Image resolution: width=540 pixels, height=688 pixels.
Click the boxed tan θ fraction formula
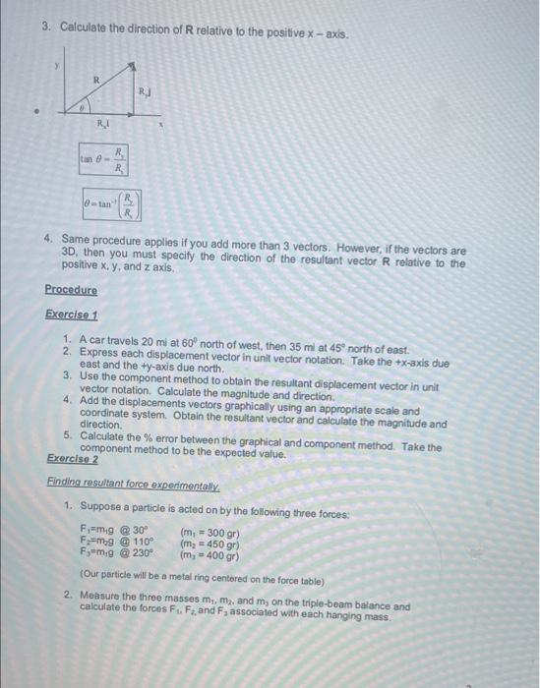pos(104,159)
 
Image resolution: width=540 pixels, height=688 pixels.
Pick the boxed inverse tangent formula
pos(111,205)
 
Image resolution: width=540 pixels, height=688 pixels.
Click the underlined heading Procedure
pos(71,290)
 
